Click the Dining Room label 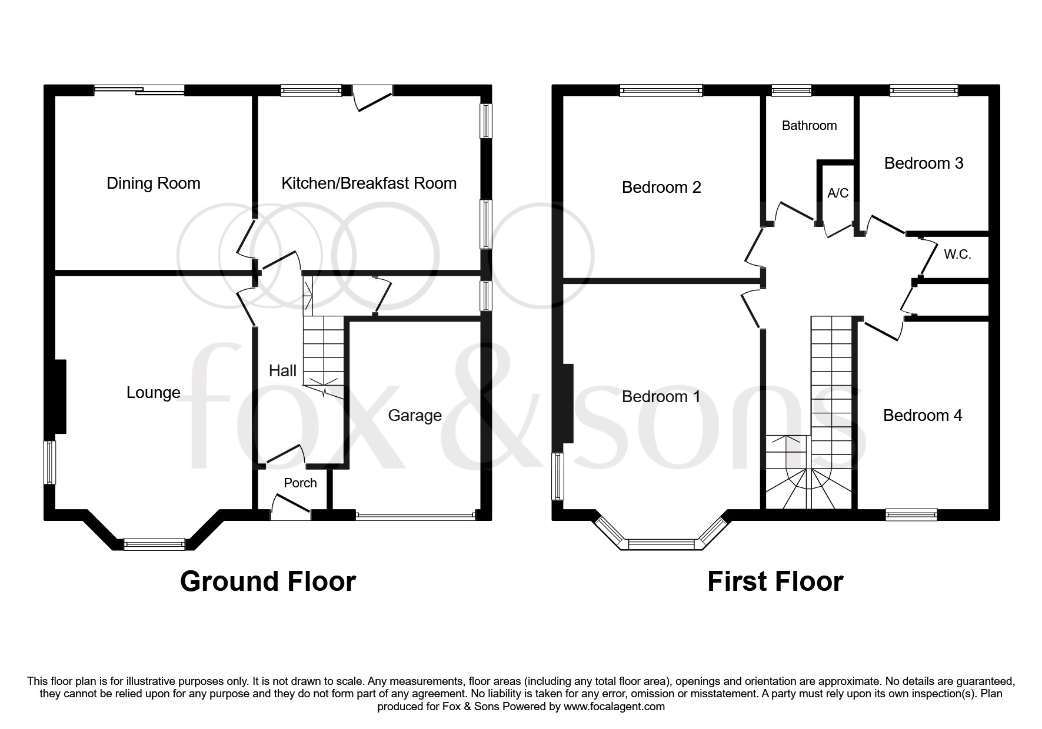(x=154, y=184)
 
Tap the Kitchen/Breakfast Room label (x=369, y=183)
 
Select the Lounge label (x=154, y=393)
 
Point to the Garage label (x=415, y=416)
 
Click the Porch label (x=300, y=483)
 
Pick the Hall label (x=282, y=371)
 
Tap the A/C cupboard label (x=838, y=193)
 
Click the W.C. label (x=957, y=255)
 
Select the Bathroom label (x=809, y=125)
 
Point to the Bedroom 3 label (x=924, y=163)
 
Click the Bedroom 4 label (x=923, y=416)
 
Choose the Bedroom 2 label (x=661, y=188)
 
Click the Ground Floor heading (x=268, y=581)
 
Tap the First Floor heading (x=775, y=581)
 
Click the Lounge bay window (x=154, y=545)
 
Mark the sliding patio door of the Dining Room (x=140, y=90)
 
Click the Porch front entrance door (x=291, y=507)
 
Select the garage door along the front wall (x=415, y=516)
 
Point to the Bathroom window (x=791, y=91)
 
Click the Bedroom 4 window (x=911, y=515)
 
